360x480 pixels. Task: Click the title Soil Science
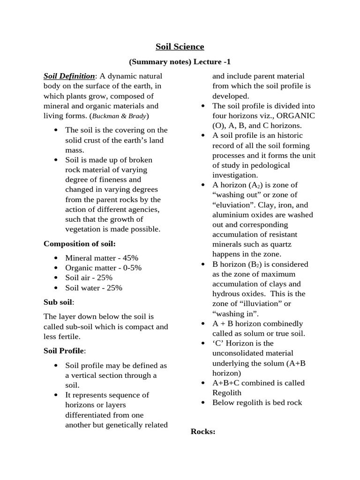(180, 46)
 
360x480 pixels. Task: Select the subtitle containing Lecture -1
(180, 62)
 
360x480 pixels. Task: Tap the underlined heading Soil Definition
(69, 76)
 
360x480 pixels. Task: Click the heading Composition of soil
(80, 243)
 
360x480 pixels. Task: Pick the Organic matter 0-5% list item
(103, 268)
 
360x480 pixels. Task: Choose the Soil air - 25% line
(89, 277)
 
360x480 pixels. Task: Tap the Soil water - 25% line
(94, 287)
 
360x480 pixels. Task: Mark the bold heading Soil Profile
(64, 350)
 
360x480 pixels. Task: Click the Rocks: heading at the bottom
(203, 431)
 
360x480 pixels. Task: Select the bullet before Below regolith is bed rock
(202, 403)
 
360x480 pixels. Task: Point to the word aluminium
(229, 215)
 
